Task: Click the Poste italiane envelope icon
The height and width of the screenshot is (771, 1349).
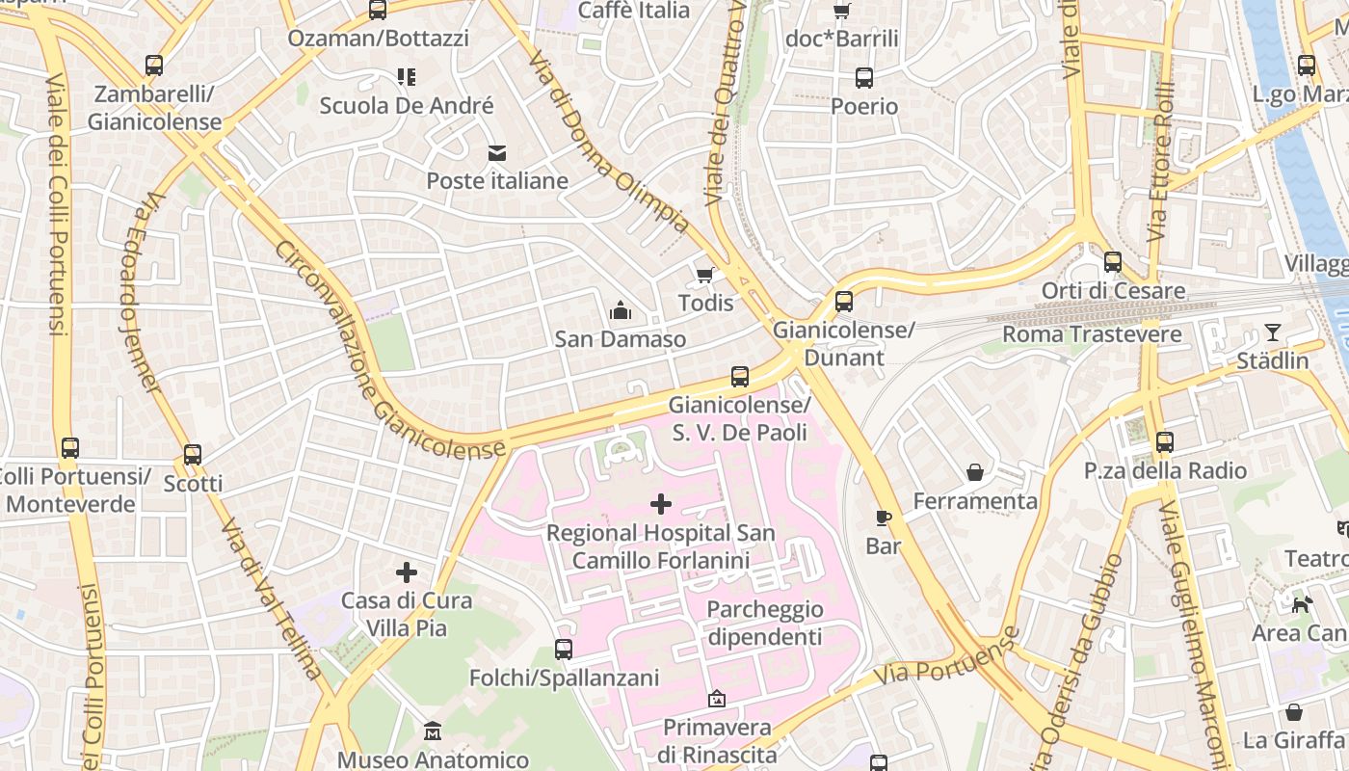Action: pyautogui.click(x=497, y=153)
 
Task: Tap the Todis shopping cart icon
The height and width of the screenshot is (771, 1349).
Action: pyautogui.click(x=705, y=276)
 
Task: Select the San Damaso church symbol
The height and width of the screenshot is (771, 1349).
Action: pyautogui.click(x=621, y=310)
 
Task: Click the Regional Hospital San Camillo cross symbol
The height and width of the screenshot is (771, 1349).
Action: pyautogui.click(x=661, y=504)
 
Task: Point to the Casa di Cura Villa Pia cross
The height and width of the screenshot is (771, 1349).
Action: pyautogui.click(x=407, y=572)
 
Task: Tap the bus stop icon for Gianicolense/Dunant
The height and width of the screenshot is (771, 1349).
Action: pyautogui.click(x=844, y=302)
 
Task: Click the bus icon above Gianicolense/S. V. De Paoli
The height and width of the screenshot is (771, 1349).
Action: pyautogui.click(x=740, y=377)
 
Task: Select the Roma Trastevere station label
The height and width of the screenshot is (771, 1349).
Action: pyautogui.click(x=1092, y=334)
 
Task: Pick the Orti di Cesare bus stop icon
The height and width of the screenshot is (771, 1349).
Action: pyautogui.click(x=1113, y=262)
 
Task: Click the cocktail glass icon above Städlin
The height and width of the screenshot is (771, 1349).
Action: pyautogui.click(x=1273, y=332)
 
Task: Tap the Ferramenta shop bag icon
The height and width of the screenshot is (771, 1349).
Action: pyautogui.click(x=975, y=472)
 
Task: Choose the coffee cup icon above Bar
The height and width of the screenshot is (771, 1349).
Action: pyautogui.click(x=883, y=518)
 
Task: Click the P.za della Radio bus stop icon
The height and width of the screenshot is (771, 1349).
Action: pyautogui.click(x=1165, y=442)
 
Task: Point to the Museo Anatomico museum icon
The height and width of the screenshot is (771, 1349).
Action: pyautogui.click(x=433, y=731)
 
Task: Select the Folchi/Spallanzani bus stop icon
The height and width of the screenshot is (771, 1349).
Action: pyautogui.click(x=564, y=650)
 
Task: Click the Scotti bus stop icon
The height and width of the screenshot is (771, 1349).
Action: pyautogui.click(x=193, y=455)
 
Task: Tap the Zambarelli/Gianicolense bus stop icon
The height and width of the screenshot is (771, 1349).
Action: pyautogui.click(x=154, y=66)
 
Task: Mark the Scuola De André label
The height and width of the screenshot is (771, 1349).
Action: pyautogui.click(x=407, y=105)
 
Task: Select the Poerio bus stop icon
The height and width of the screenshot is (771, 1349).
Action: pyautogui.click(x=864, y=78)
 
